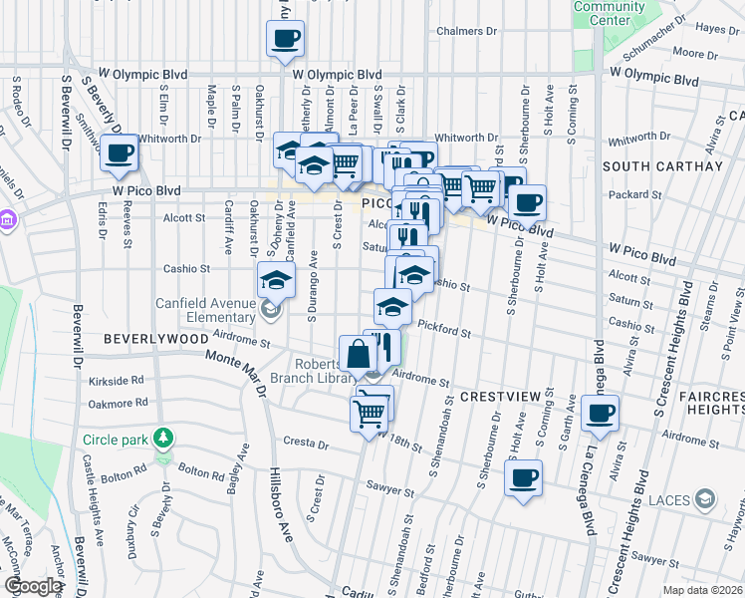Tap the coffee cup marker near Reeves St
(x=120, y=153)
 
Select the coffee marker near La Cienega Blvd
(x=600, y=413)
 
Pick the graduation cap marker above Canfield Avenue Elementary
(x=276, y=280)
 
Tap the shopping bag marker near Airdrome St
(x=358, y=353)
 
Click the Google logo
(x=32, y=586)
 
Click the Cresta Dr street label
(x=304, y=442)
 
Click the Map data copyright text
(x=701, y=588)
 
